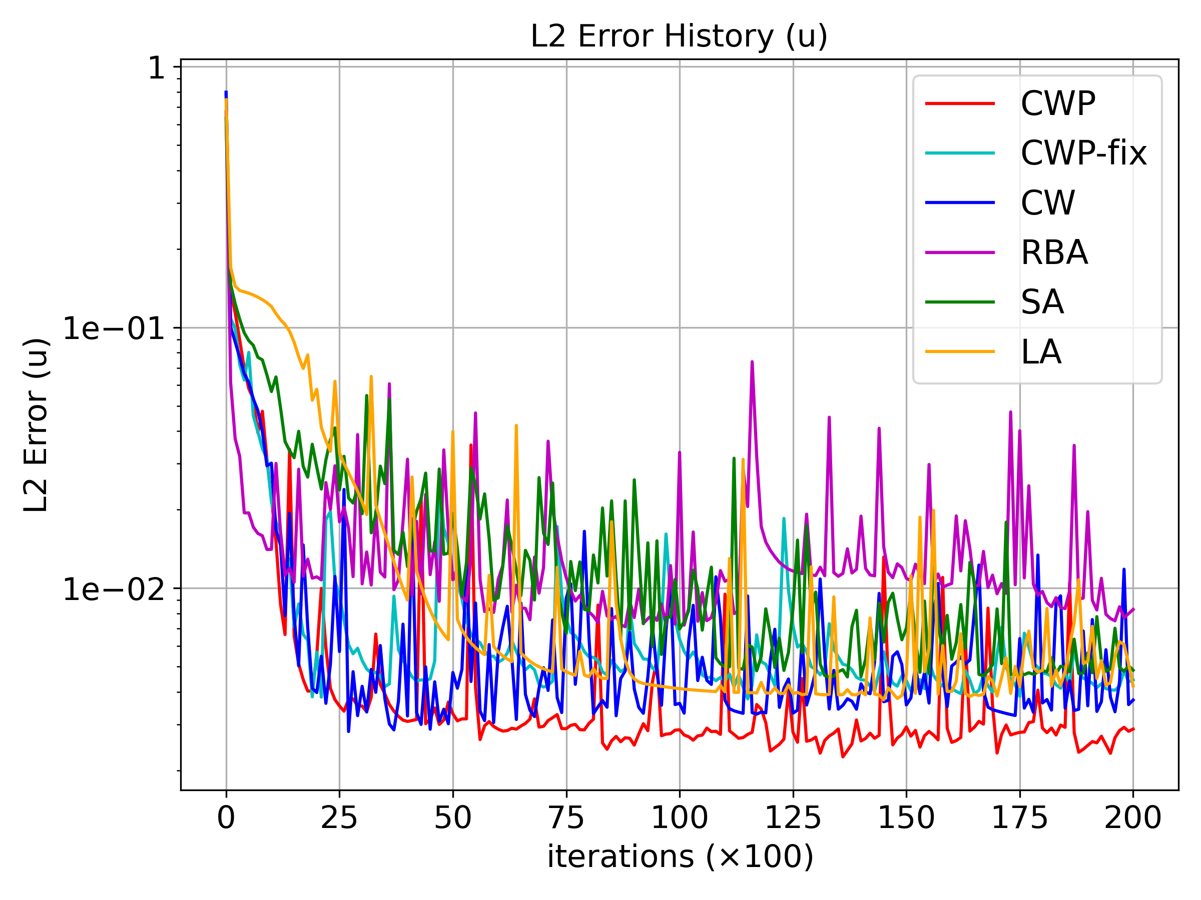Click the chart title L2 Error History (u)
point(679,37)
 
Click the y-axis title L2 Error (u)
point(37,425)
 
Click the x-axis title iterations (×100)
point(680,857)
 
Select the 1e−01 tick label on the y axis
point(114,329)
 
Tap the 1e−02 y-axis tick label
point(114,589)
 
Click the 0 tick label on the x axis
point(226,818)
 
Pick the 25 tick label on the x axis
point(339,818)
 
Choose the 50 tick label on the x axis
point(453,818)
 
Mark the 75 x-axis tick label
point(566,818)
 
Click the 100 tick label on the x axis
point(679,818)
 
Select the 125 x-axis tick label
point(793,818)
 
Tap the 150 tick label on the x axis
point(906,818)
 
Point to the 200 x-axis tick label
point(1132,818)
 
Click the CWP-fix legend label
point(1084,153)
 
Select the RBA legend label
point(1054,253)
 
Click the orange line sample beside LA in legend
point(960,351)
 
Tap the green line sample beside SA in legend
point(960,302)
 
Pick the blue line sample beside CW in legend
point(960,203)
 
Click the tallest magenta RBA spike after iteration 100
point(752,362)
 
